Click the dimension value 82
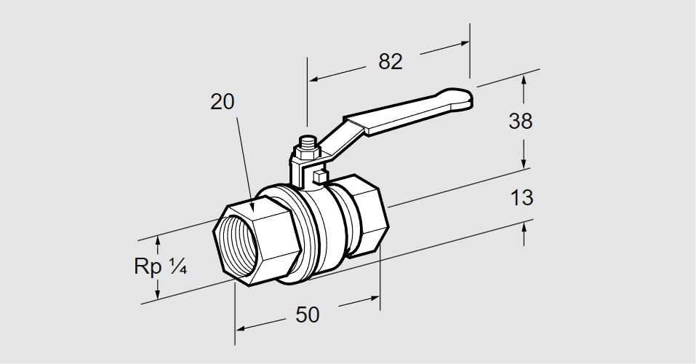click(x=391, y=62)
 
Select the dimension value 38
click(x=521, y=121)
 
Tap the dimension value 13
click(x=522, y=197)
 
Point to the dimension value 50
click(x=308, y=314)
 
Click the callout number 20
click(x=223, y=102)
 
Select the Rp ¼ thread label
click(x=161, y=267)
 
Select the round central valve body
click(x=320, y=226)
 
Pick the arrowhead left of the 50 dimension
click(x=240, y=328)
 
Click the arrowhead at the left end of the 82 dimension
click(x=313, y=77)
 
